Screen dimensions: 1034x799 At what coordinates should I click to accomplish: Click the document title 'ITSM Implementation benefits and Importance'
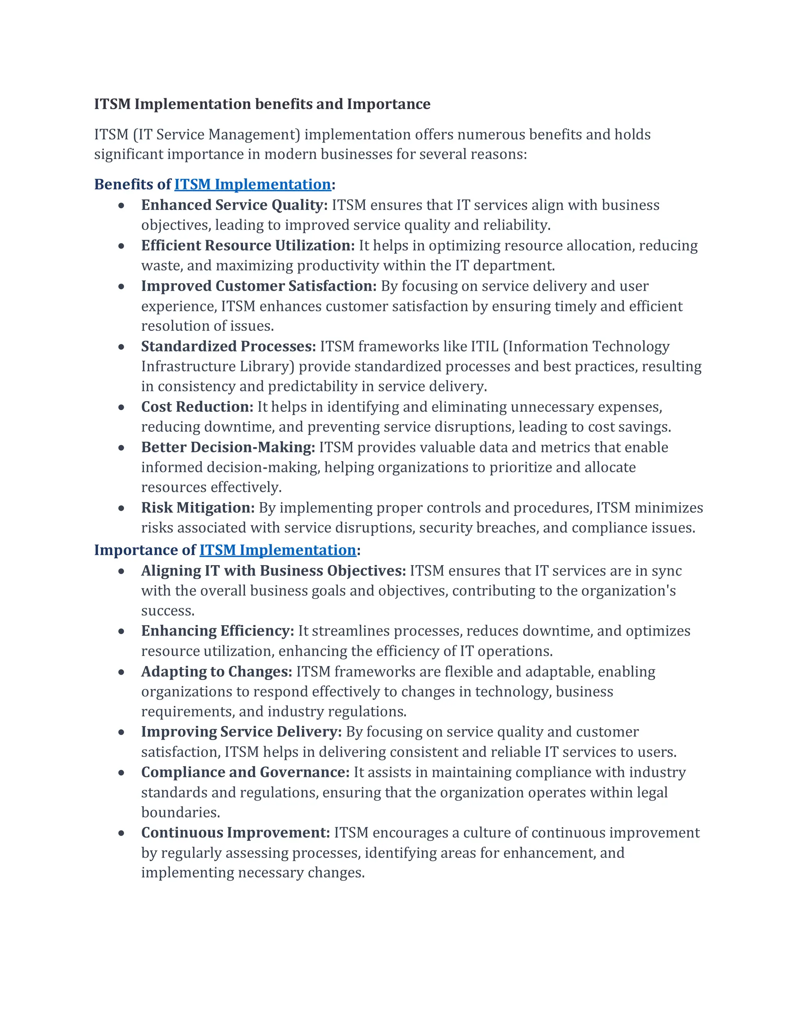[x=262, y=104]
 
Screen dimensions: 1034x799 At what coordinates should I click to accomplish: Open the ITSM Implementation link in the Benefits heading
[x=252, y=184]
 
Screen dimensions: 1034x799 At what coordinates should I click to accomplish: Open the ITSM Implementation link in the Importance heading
[x=277, y=550]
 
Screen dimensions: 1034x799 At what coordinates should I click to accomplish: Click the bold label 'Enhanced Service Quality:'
[x=234, y=205]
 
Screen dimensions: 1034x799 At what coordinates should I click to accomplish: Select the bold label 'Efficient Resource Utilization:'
[x=248, y=246]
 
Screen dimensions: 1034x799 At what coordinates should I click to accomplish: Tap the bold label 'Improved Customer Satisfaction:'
[x=258, y=286]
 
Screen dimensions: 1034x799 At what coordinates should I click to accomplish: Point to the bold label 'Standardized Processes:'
[x=228, y=346]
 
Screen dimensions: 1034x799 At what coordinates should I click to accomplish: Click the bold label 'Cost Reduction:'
[x=197, y=407]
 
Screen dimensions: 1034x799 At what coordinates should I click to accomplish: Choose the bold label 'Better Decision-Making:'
[x=228, y=448]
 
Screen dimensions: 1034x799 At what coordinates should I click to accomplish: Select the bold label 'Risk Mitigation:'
[x=198, y=508]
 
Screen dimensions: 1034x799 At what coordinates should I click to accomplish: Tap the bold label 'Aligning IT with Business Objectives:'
[x=273, y=570]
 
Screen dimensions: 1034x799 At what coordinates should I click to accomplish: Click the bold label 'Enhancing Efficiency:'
[x=217, y=631]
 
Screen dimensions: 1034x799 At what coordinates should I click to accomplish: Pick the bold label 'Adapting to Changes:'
[x=216, y=672]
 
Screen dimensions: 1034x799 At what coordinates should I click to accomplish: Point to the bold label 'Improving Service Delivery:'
[x=241, y=732]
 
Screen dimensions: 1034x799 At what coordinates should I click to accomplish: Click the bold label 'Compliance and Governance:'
[x=245, y=772]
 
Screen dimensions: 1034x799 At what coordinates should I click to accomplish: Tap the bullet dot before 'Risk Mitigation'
[x=122, y=508]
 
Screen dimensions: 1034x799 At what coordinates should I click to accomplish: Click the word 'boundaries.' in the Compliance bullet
[x=180, y=812]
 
